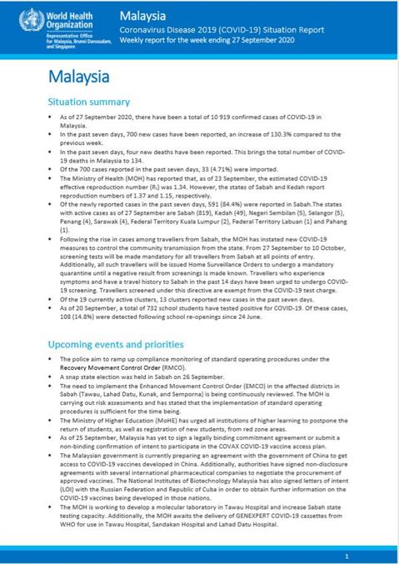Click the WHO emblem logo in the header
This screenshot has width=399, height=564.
click(x=17, y=18)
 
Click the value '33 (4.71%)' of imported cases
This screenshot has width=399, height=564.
click(x=217, y=178)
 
